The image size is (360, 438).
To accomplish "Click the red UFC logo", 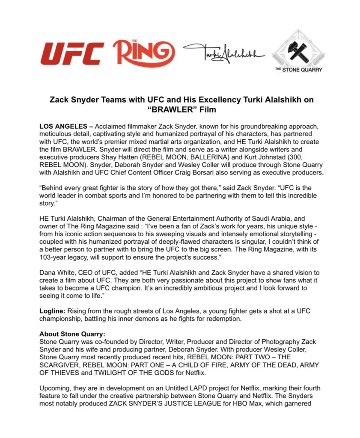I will (71, 54).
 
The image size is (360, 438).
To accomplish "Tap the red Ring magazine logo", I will (143, 53).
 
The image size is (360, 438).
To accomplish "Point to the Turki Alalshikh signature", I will (224, 54).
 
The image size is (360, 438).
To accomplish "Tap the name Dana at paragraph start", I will (47, 273).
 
